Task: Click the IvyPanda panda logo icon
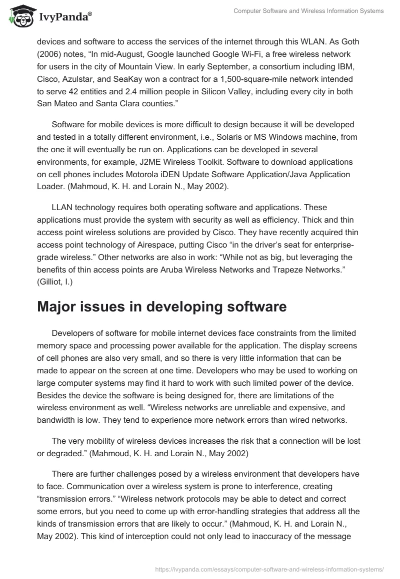pyautogui.click(x=20, y=16)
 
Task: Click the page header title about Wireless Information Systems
pyautogui.click(x=308, y=11)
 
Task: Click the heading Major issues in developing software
pyautogui.click(x=161, y=307)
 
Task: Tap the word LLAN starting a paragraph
pyautogui.click(x=63, y=207)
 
